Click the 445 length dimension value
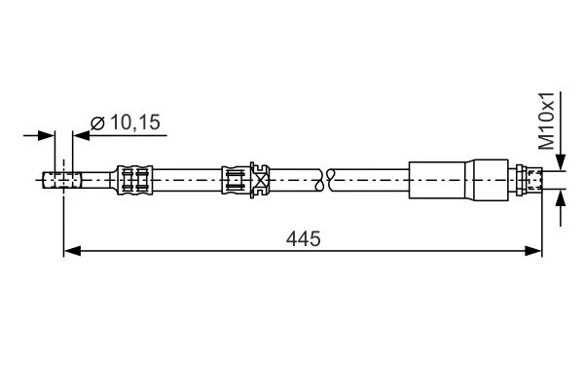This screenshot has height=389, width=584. click(303, 238)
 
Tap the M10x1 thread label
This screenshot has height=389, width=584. click(547, 121)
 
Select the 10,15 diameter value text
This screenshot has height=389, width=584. click(135, 123)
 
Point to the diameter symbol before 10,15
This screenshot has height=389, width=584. click(98, 123)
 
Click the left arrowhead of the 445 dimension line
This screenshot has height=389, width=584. click(72, 251)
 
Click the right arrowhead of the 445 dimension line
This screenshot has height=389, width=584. click(533, 251)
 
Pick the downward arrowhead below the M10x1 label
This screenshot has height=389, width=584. click(561, 162)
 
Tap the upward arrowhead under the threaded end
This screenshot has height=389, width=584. click(561, 197)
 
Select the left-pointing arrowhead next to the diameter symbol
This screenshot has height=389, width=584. click(82, 135)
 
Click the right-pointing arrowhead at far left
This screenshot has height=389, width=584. click(46, 135)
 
